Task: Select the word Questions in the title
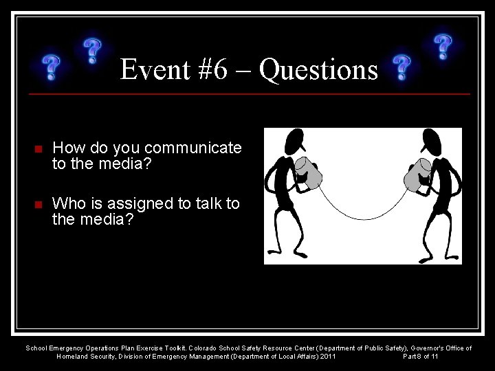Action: click(320, 70)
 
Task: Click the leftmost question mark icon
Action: click(50, 68)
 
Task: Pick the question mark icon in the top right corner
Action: click(443, 47)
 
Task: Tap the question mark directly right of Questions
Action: click(401, 69)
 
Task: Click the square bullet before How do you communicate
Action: click(38, 148)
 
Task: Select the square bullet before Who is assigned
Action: click(38, 205)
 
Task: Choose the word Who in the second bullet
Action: click(67, 203)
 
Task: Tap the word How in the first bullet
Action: click(67, 148)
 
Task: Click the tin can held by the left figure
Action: click(309, 174)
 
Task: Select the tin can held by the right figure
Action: click(417, 174)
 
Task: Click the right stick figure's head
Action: click(432, 142)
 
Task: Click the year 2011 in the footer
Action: click(327, 357)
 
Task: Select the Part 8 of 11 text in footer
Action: click(420, 357)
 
